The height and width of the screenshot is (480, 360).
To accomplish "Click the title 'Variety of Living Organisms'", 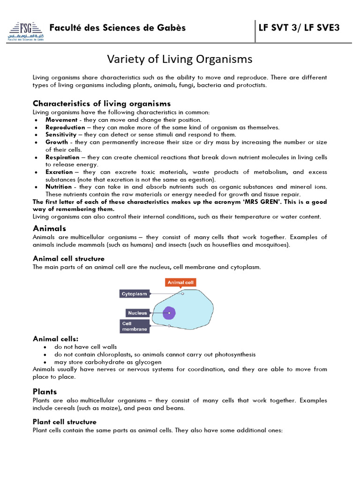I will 180,60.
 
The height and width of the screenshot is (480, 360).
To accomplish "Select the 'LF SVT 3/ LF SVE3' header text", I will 299,28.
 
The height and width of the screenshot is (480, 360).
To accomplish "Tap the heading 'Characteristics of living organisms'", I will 102,104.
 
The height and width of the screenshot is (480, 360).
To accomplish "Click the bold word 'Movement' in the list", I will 61,120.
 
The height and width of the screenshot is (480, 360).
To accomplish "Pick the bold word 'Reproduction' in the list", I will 65,127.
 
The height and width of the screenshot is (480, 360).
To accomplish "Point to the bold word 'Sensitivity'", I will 61,135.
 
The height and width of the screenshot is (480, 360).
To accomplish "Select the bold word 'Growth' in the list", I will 57,142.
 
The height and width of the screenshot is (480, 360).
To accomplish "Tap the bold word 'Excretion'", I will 59,172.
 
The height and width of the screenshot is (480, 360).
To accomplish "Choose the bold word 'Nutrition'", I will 59,187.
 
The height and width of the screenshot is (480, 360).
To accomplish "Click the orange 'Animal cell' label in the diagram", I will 180,283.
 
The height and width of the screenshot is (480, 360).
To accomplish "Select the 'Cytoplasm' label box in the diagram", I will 135,294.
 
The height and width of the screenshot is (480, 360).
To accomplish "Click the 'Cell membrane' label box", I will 135,326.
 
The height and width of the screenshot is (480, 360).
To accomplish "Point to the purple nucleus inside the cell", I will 169,313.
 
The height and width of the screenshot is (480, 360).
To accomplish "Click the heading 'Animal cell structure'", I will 68,259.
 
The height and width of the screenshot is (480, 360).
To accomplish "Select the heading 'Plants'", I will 45,391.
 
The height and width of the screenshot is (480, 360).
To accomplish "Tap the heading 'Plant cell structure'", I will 65,422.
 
